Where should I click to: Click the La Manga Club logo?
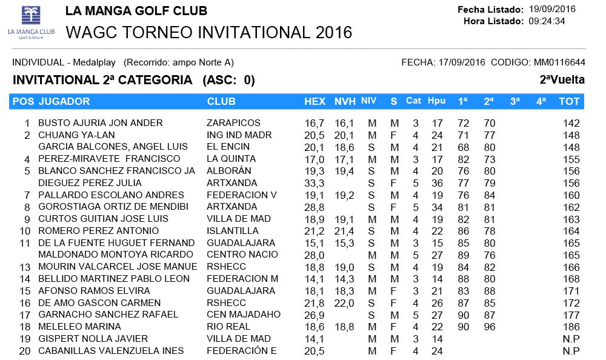[30, 22]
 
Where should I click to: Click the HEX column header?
[315, 101]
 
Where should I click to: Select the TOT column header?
[569, 101]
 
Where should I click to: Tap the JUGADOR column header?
[64, 101]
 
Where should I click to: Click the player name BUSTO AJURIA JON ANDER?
[100, 123]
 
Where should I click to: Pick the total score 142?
[571, 123]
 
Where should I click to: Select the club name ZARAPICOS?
[233, 123]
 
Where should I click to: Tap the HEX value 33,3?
[314, 183]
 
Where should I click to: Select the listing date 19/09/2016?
[552, 9]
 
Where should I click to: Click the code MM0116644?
[559, 62]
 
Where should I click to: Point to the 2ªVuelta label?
[562, 80]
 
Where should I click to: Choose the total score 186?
[571, 327]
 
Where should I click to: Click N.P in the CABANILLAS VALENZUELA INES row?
[571, 351]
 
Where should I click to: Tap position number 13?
[25, 267]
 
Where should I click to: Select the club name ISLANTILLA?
[232, 231]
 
